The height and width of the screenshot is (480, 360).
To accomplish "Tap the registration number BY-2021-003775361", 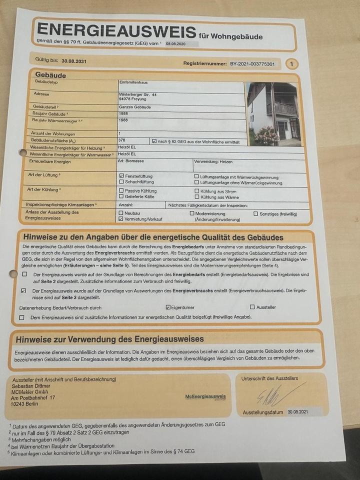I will point(252,64).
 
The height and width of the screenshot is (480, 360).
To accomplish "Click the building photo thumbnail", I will point(273,114).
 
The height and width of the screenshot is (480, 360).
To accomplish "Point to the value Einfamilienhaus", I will point(133,82).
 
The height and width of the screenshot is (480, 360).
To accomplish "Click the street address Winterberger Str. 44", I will point(138,94).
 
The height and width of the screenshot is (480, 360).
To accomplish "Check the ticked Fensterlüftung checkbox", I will point(121,176).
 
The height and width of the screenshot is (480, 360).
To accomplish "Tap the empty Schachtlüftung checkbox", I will point(121,182).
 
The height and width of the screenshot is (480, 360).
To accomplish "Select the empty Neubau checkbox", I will point(121,213).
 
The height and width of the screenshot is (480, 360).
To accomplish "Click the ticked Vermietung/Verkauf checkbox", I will point(121,219).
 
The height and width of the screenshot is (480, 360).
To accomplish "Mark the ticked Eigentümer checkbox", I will point(168,307).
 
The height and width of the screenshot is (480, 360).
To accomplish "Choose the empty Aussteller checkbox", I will point(252,307).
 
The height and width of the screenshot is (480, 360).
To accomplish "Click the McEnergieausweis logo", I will point(205,396).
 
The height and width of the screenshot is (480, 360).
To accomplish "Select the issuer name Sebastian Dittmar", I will point(31,386).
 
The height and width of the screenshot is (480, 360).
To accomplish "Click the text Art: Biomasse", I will point(130,162).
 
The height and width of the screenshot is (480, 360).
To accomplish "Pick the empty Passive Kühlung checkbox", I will point(121,191).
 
